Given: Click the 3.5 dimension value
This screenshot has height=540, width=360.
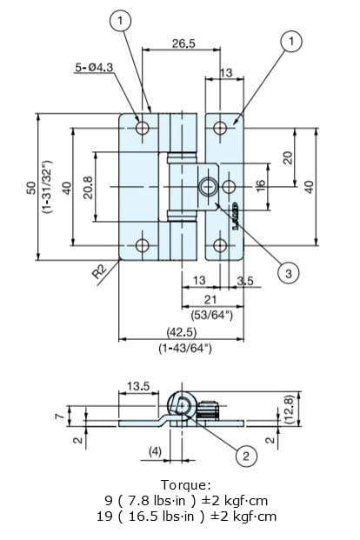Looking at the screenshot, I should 244,281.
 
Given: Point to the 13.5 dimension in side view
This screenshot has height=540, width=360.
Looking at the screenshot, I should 140,384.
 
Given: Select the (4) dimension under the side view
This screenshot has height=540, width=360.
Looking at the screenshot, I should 154,451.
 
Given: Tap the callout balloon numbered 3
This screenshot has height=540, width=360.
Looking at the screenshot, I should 289,273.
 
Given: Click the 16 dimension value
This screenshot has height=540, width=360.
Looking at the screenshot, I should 258,185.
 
